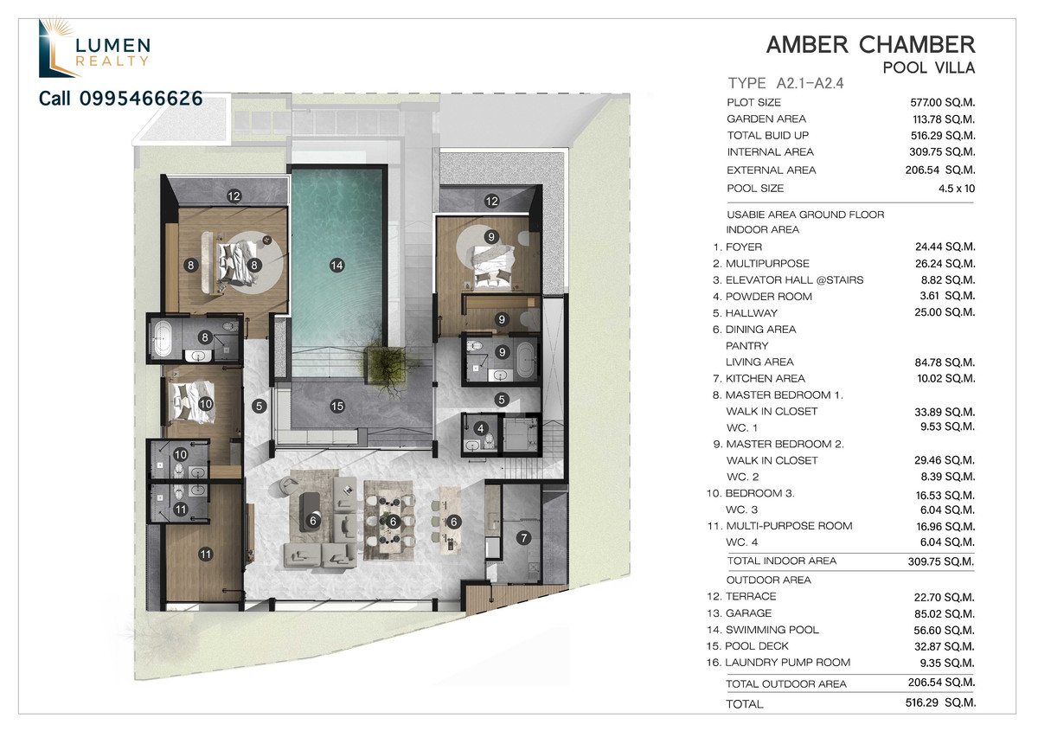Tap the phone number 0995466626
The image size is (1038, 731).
141,99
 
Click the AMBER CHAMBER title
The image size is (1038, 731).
870,46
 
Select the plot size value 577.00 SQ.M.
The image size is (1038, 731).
943,102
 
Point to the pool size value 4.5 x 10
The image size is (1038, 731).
957,189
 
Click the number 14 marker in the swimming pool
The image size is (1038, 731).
336,266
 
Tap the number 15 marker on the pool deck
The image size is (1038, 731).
336,406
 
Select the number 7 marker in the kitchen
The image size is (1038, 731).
523,538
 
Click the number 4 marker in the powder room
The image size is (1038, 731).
481,428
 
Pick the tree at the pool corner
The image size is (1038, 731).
386,367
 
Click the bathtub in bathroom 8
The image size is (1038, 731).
163,338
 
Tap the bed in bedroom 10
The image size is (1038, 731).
191,401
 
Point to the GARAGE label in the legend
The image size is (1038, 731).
748,613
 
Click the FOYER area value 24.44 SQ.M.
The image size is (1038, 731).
945,247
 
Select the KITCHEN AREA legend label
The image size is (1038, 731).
765,379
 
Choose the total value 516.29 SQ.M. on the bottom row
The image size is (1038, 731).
941,702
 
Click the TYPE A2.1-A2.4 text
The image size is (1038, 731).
786,83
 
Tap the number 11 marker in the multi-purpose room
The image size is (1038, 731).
205,554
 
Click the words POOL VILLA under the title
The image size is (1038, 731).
929,68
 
